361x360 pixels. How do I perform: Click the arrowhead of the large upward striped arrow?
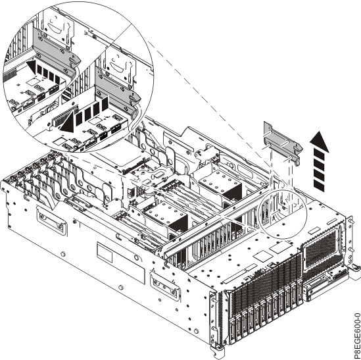click(x=320, y=141)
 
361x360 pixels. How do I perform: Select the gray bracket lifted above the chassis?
click(x=283, y=143)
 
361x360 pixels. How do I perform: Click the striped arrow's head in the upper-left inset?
click(x=32, y=67)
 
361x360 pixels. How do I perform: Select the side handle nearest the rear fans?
click(x=51, y=220)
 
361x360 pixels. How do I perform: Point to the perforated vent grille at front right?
click(x=321, y=249)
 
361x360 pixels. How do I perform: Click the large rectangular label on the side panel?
click(x=120, y=263)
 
